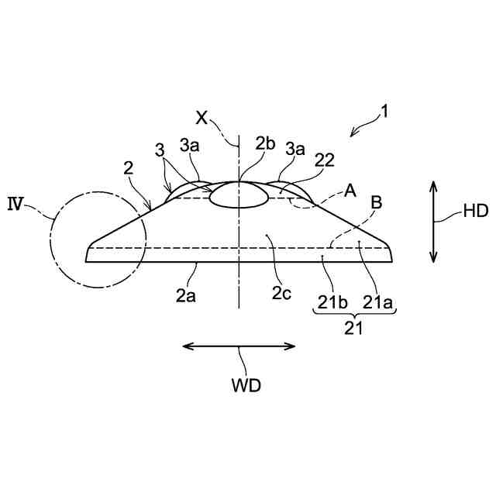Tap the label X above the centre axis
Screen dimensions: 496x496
(x=201, y=117)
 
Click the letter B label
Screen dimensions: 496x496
(x=376, y=203)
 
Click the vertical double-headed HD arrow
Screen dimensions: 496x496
(x=433, y=222)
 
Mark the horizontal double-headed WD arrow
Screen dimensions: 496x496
(x=239, y=346)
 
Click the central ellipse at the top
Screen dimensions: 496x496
(x=239, y=195)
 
